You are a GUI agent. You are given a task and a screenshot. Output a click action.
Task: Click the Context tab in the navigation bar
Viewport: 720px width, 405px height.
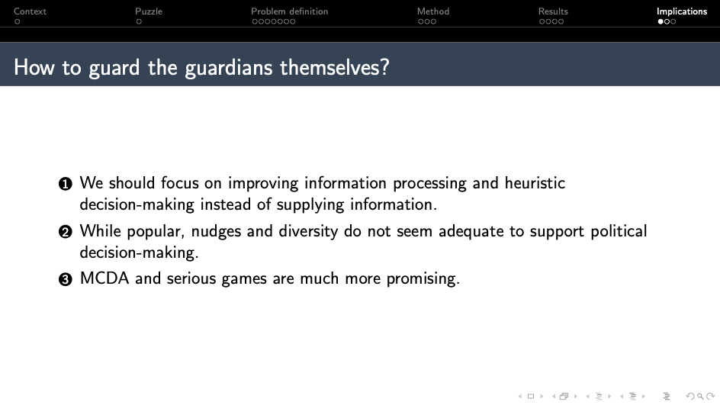tap(30, 11)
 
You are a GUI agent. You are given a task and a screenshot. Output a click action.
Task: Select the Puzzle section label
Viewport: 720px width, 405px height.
tap(149, 11)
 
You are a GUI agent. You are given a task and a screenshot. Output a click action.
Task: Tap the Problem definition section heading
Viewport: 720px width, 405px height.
tap(289, 11)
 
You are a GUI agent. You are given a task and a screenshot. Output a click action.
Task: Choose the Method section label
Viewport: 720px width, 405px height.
tap(433, 11)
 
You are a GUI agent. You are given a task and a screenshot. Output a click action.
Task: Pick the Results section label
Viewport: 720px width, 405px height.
tap(553, 11)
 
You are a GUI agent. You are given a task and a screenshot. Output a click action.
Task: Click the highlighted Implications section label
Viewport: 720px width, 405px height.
tap(681, 11)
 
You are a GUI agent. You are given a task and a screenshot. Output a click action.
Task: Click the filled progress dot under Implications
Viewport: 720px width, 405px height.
tap(661, 21)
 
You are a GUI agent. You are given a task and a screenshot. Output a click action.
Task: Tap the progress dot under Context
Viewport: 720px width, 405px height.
tap(17, 21)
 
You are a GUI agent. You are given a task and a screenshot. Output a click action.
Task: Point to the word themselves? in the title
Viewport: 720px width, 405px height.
tap(335, 67)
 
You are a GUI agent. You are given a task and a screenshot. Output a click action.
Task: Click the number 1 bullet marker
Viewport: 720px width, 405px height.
tap(65, 184)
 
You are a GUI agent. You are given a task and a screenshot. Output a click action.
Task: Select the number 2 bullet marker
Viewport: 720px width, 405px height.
tap(65, 232)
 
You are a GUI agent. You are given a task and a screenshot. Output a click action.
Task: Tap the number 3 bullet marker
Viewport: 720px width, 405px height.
tap(65, 279)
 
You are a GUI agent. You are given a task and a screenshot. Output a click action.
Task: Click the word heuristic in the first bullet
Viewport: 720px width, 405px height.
tap(535, 183)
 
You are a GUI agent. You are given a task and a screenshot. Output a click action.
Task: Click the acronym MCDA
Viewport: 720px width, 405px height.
tap(104, 278)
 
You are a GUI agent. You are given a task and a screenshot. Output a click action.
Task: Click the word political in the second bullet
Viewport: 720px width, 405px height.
tap(619, 231)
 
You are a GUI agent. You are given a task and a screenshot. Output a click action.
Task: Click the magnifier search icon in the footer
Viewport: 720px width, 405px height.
tap(700, 397)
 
